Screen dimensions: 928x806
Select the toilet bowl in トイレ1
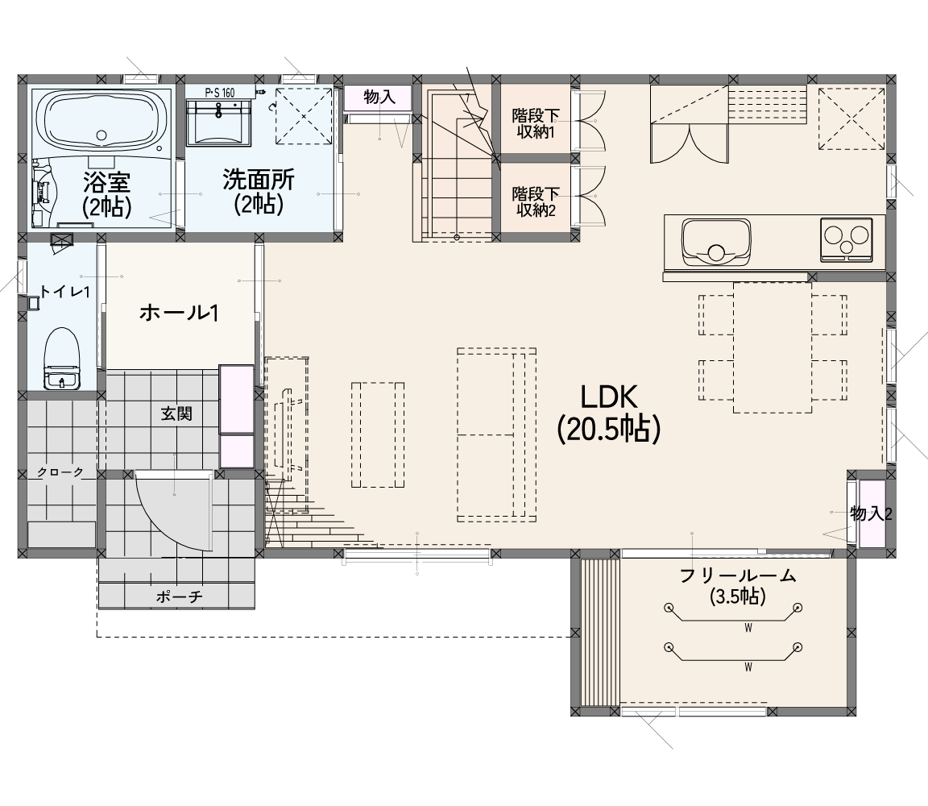(x=61, y=358)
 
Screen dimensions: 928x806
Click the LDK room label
(x=609, y=397)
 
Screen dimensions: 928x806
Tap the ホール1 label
(x=180, y=313)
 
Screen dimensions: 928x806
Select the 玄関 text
(x=176, y=413)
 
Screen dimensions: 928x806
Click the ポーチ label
(x=180, y=596)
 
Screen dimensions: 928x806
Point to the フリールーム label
(x=737, y=575)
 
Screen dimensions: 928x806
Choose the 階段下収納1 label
(x=536, y=123)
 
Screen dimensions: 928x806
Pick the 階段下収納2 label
(x=536, y=201)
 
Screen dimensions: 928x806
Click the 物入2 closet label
(x=871, y=513)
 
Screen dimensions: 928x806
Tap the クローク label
(x=60, y=472)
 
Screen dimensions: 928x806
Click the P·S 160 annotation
(x=220, y=93)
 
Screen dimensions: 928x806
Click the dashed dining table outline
(x=773, y=347)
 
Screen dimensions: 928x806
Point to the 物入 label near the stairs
(x=379, y=97)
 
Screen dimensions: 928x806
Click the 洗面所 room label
(x=259, y=180)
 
